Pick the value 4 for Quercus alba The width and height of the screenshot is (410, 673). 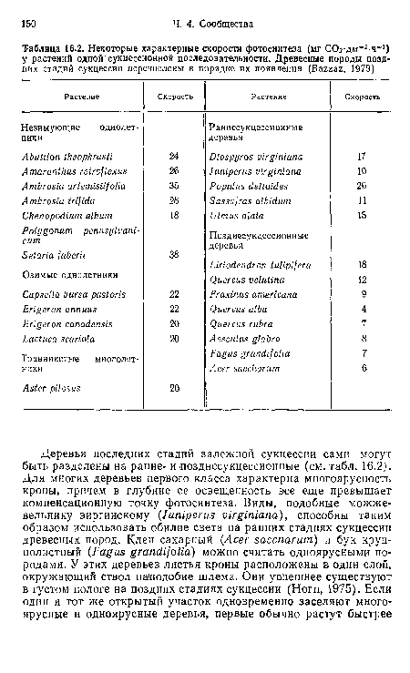tap(362, 308)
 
